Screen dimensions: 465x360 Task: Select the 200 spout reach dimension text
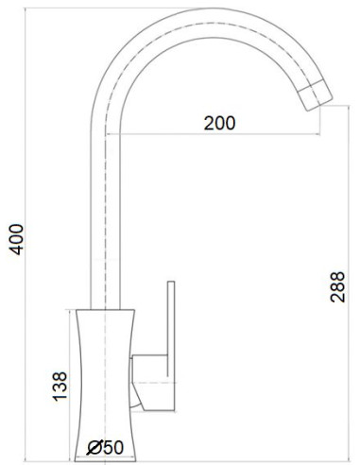[218, 123]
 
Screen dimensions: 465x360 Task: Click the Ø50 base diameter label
[105, 448]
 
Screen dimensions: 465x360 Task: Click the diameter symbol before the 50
[94, 448]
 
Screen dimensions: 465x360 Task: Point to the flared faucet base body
[104, 378]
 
